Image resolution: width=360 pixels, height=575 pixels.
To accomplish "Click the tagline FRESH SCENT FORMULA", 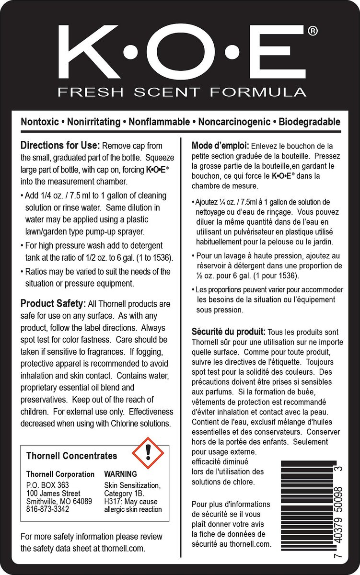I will click(182, 92).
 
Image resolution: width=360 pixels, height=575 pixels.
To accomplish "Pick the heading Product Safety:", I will click(53, 304).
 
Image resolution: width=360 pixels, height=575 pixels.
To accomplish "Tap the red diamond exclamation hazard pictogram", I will click(148, 451).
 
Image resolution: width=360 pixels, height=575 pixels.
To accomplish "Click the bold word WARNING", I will click(120, 474).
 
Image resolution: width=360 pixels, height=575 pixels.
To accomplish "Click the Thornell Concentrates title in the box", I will click(71, 456).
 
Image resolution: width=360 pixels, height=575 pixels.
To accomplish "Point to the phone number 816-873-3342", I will click(47, 509).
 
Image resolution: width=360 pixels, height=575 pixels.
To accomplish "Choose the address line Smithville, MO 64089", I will click(59, 501).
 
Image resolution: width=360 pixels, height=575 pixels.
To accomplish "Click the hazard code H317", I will click(113, 501).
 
